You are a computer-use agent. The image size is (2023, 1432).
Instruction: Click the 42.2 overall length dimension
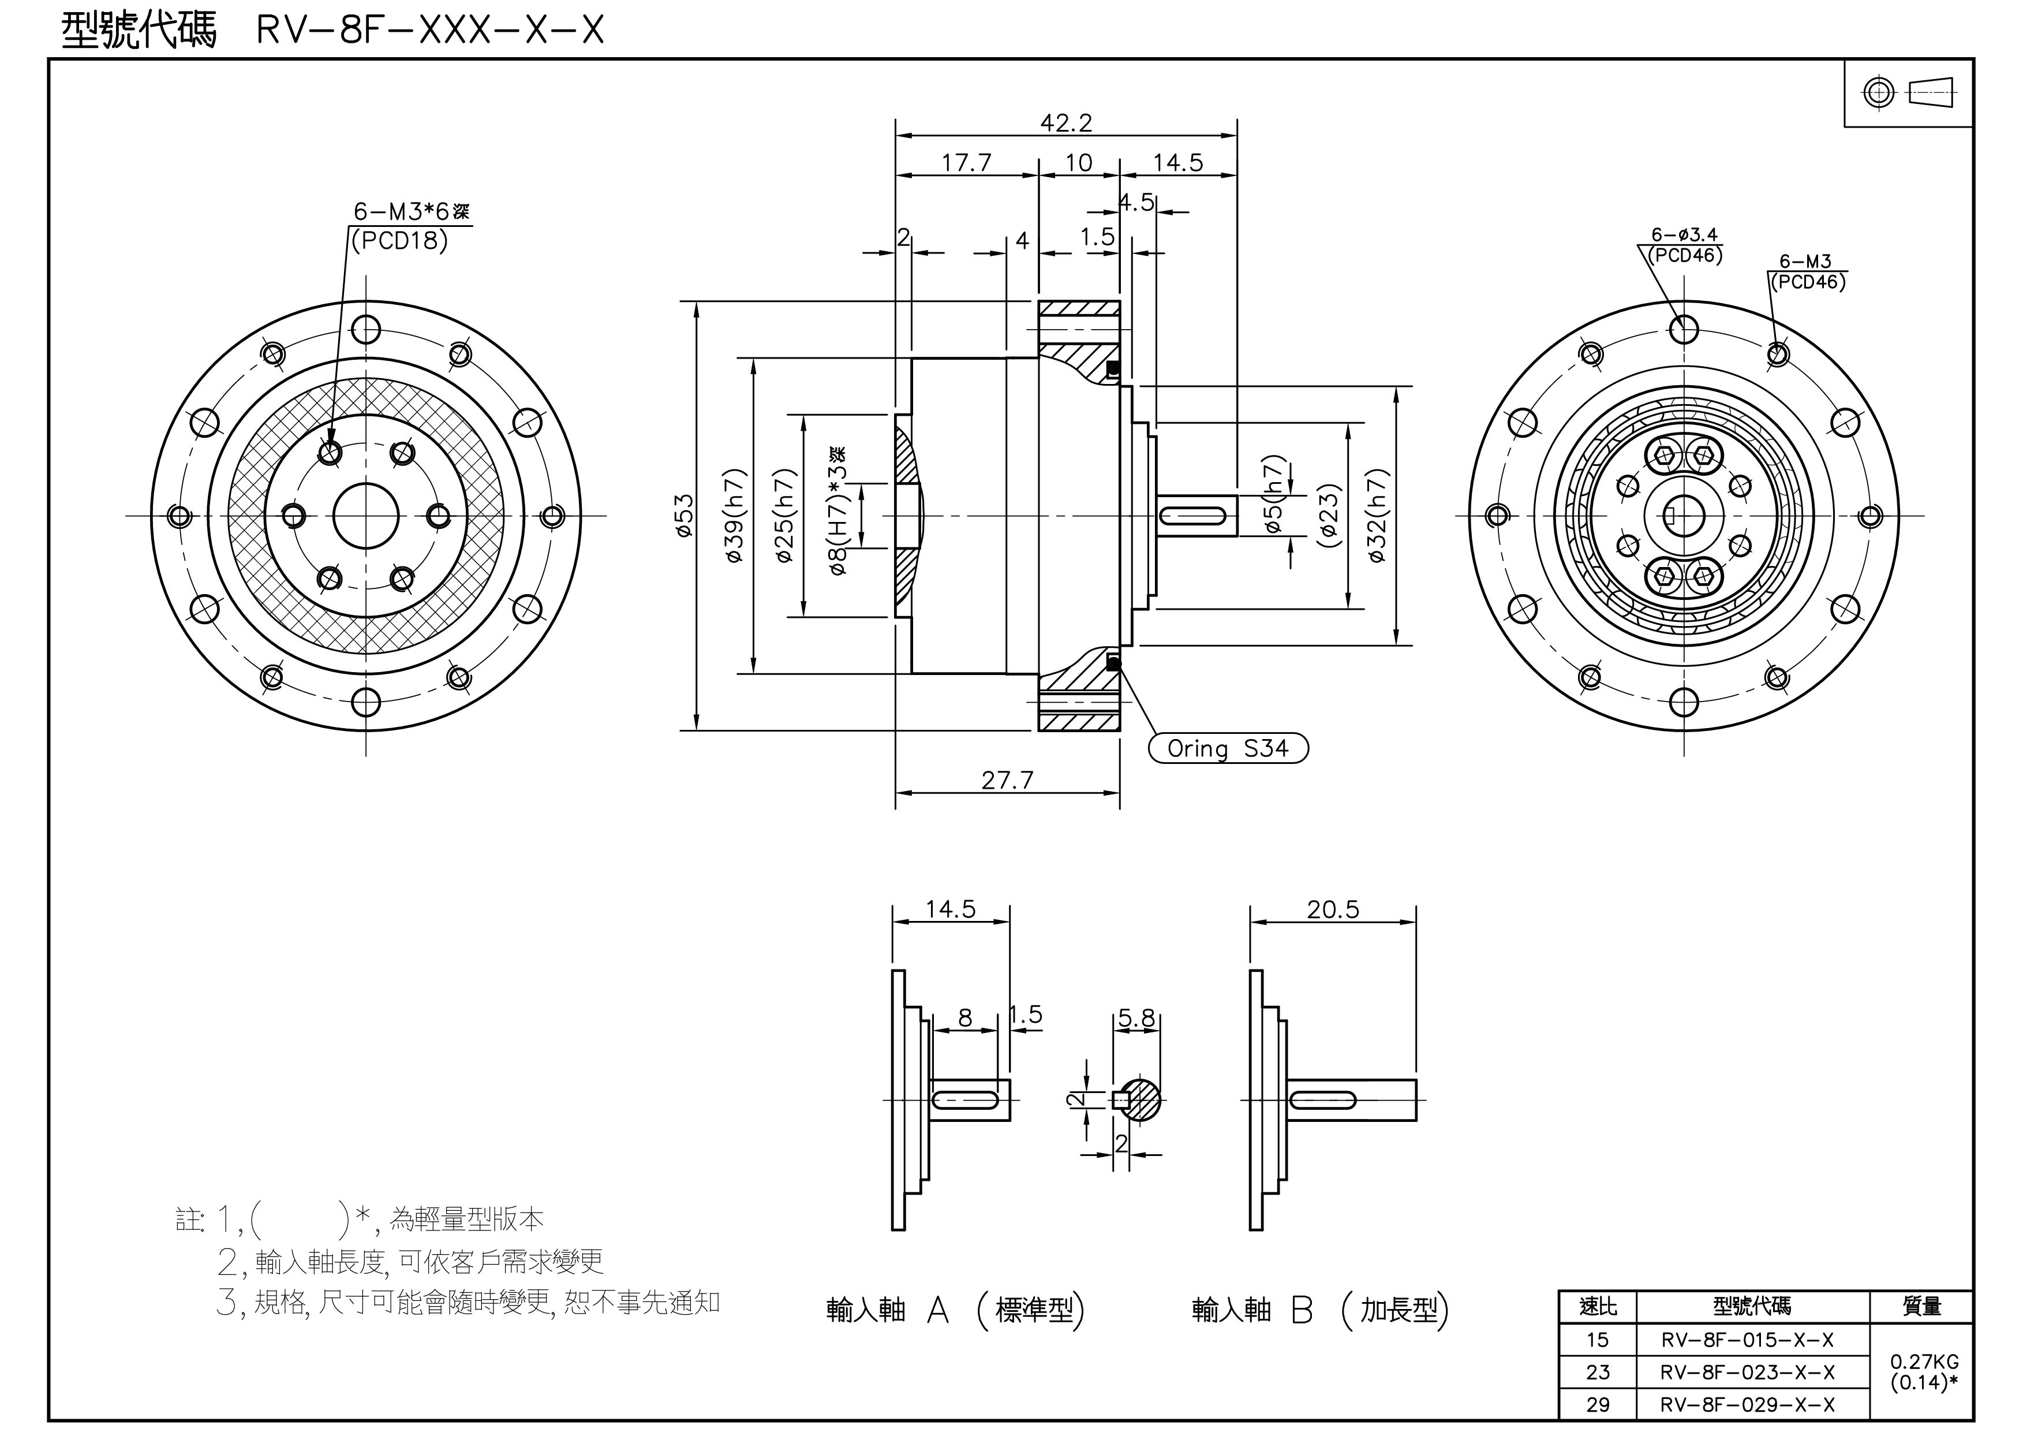click(x=1065, y=122)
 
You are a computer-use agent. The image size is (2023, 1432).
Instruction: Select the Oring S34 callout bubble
click(x=1228, y=749)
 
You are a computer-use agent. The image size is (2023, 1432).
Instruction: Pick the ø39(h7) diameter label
click(x=736, y=516)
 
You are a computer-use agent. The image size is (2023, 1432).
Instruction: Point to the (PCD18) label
click(x=399, y=241)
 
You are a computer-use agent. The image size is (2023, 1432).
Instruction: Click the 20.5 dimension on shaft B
click(x=1333, y=909)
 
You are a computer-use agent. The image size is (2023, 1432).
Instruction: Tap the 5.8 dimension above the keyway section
click(x=1136, y=1019)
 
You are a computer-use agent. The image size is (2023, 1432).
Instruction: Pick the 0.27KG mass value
click(x=1923, y=1362)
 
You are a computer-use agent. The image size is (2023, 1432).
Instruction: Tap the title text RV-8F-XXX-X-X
click(x=430, y=31)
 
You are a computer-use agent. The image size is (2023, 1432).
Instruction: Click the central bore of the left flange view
click(x=366, y=516)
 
